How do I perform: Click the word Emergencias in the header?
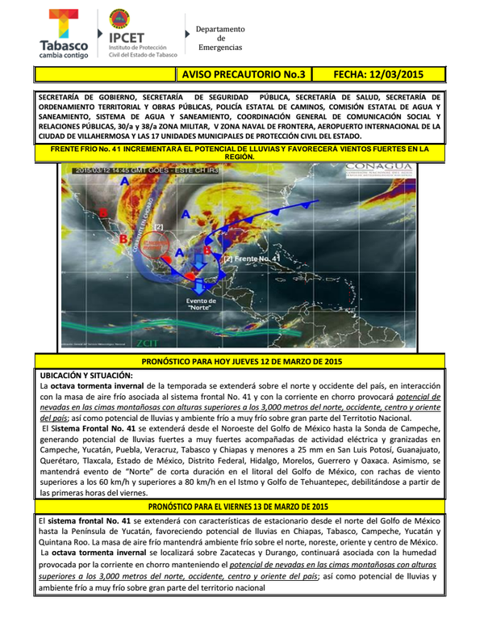pos(220,48)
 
